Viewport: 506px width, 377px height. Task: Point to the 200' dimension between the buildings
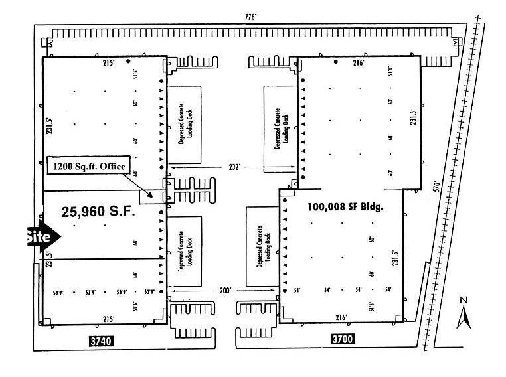(226, 291)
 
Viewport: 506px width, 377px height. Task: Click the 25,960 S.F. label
(98, 212)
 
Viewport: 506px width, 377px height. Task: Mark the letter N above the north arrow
(464, 301)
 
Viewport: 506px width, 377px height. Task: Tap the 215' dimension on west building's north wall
(109, 63)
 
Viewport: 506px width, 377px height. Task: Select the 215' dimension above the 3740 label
(108, 319)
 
